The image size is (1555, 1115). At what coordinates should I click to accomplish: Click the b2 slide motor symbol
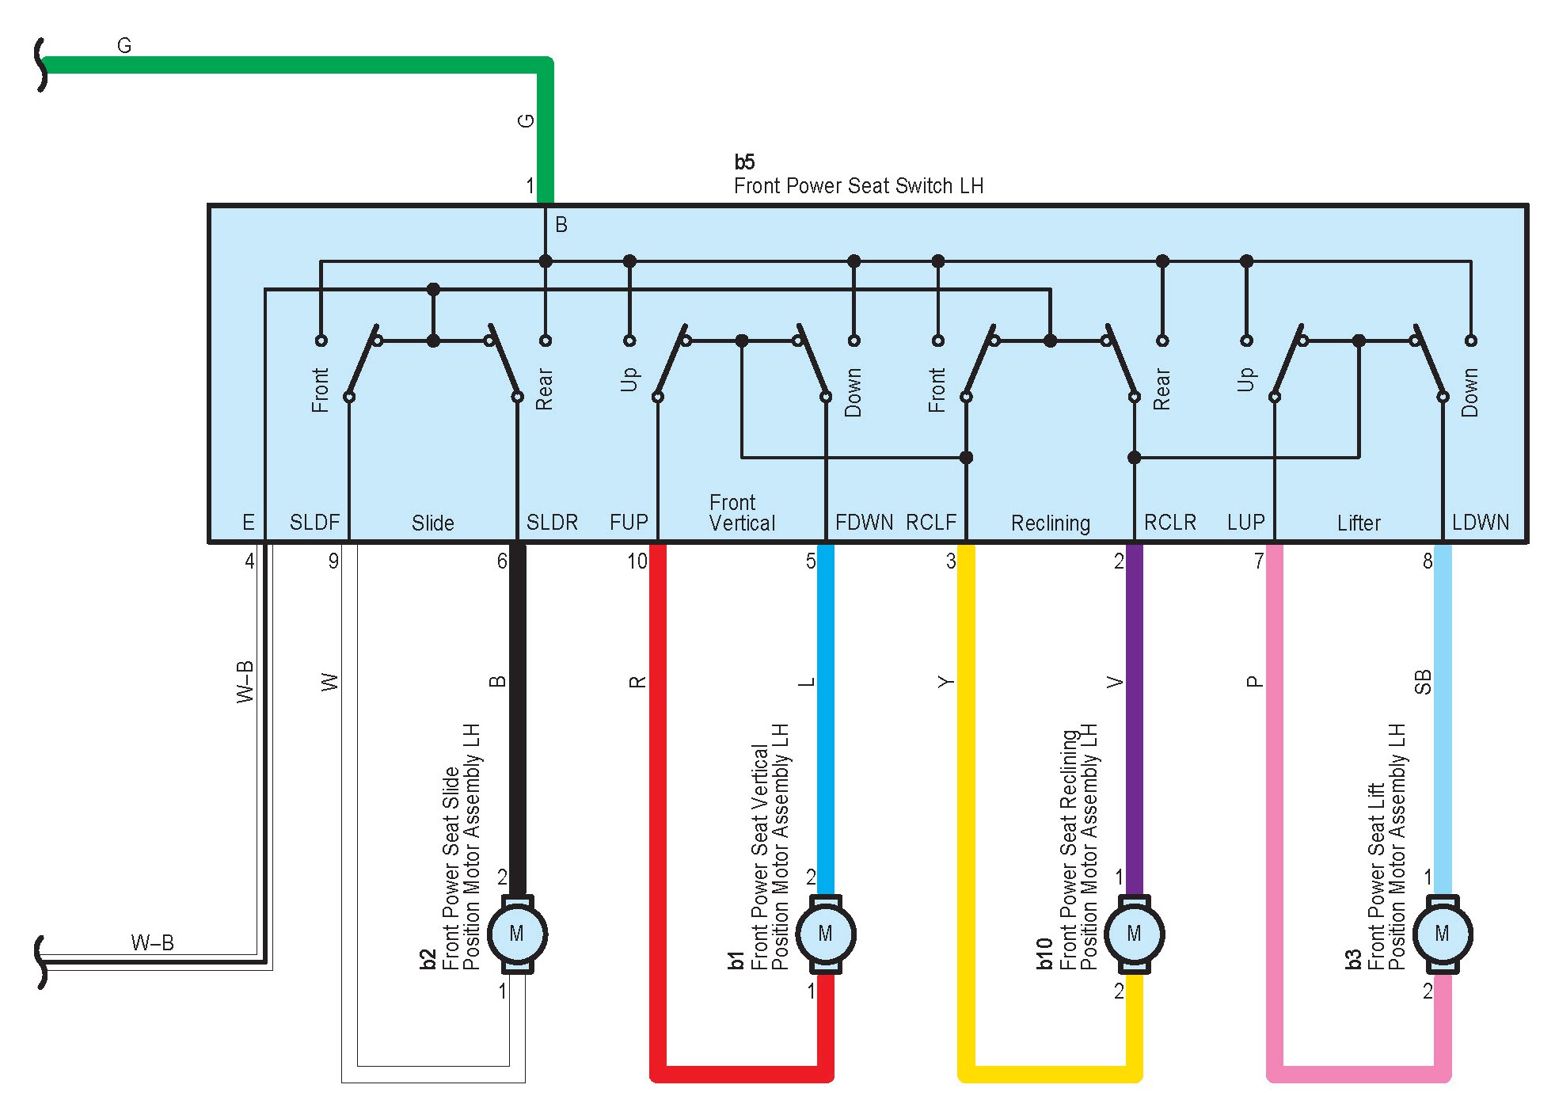tap(517, 934)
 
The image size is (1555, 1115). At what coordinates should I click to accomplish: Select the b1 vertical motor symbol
tap(825, 934)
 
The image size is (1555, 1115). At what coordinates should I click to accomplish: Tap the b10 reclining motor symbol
tap(1134, 934)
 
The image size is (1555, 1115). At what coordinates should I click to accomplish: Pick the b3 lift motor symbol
tap(1442, 934)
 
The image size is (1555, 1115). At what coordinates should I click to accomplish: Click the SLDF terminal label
tap(314, 523)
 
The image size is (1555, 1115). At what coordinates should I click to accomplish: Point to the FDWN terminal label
tap(864, 523)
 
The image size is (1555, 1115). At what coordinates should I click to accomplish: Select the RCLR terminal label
tap(1169, 523)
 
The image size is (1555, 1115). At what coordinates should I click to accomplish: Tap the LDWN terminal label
tap(1480, 523)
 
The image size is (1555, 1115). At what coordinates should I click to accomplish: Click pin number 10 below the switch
tap(637, 561)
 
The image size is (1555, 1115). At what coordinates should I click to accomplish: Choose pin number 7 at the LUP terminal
tap(1258, 561)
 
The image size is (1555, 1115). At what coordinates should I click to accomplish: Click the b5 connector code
tap(744, 162)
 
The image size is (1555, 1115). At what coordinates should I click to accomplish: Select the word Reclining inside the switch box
tap(1050, 523)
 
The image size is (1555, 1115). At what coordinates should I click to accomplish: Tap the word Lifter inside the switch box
tap(1359, 523)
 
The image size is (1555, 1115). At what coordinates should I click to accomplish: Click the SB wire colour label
tap(1423, 682)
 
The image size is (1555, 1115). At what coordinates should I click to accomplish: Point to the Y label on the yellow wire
tap(945, 682)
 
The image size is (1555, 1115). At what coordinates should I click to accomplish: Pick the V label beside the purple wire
tap(1115, 682)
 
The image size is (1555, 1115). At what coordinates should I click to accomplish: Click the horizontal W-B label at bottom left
tap(152, 942)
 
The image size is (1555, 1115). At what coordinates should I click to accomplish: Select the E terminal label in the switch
tap(248, 523)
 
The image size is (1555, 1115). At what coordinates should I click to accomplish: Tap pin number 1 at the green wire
tap(530, 186)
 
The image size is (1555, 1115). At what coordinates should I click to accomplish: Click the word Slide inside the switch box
tap(432, 523)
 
